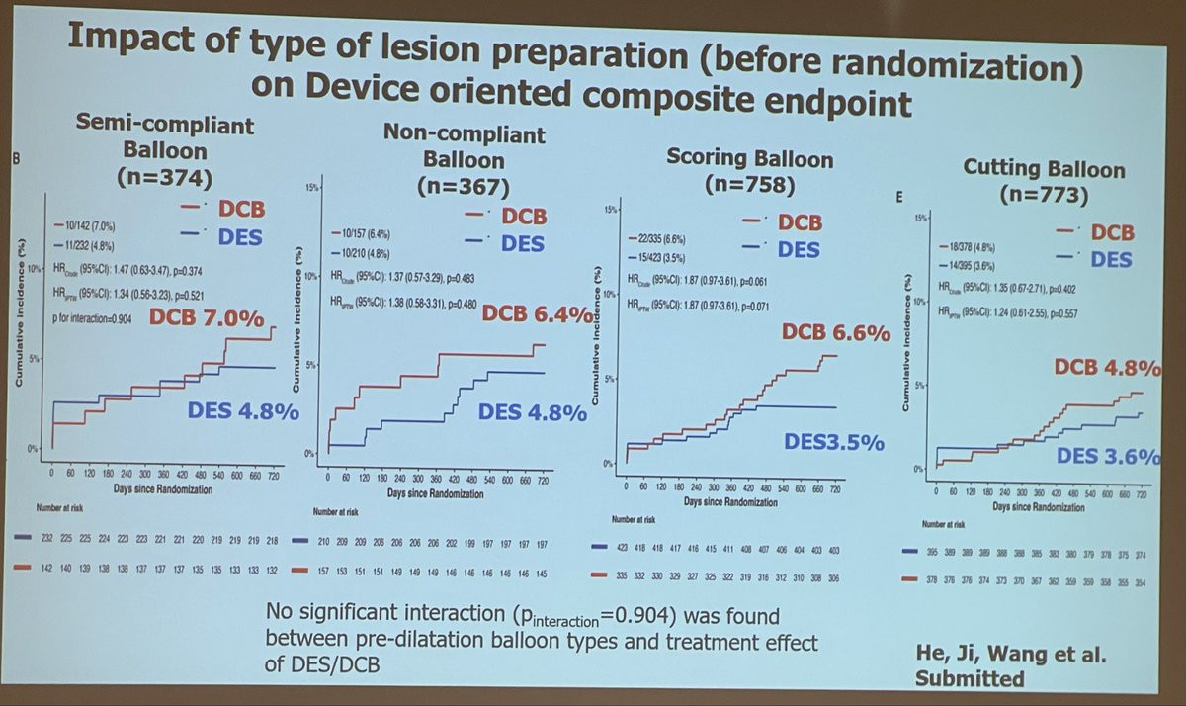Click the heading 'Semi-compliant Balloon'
pyautogui.click(x=165, y=139)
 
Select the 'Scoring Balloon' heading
pyautogui.click(x=749, y=158)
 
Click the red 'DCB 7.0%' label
pyautogui.click(x=208, y=318)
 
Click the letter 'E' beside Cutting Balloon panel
pyautogui.click(x=898, y=197)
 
